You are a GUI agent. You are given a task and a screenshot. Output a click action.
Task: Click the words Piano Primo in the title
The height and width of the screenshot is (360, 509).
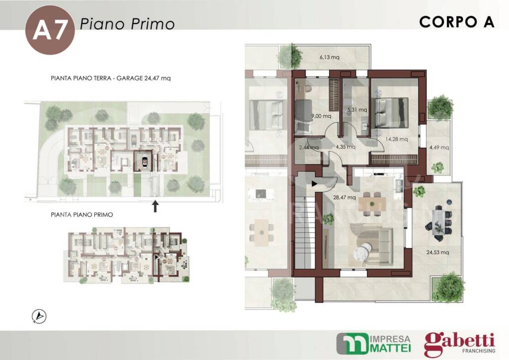tap(127, 24)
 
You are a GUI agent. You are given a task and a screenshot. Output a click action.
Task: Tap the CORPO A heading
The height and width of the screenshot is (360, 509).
tap(456, 22)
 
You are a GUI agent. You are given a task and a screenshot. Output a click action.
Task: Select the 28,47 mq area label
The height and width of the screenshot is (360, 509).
tap(344, 197)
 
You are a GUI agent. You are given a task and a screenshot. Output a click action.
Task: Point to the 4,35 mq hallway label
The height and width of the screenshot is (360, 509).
tap(345, 147)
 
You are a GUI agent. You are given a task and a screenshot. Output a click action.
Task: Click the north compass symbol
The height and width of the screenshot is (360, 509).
tap(39, 316)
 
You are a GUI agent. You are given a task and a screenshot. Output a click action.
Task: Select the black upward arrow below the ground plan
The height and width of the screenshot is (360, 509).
tap(155, 206)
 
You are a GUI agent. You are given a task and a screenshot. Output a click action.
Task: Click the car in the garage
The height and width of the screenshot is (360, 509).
tap(144, 161)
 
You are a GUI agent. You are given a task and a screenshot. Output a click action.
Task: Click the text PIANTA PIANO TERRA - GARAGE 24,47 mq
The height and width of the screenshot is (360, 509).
tap(111, 79)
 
